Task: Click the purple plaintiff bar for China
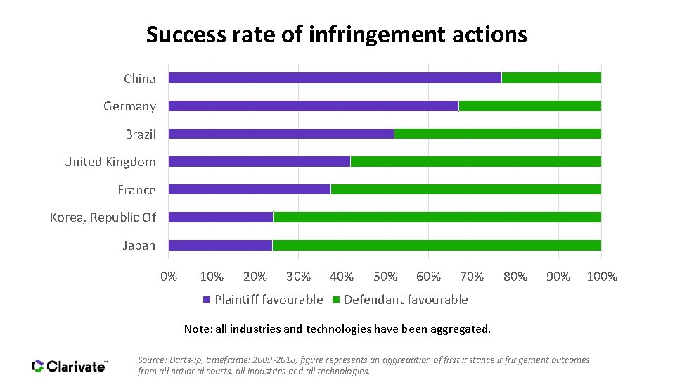[x=335, y=78]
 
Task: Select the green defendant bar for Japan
[x=436, y=245]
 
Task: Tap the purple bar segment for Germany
[x=313, y=106]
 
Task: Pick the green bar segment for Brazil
[x=497, y=134]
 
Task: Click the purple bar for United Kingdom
[x=259, y=162]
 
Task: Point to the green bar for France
[x=465, y=189]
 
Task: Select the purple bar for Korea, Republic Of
[x=220, y=217]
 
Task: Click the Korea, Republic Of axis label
[x=103, y=217]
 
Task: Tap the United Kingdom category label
[x=110, y=162]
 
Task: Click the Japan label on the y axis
[x=139, y=246]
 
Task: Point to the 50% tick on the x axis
[x=385, y=277]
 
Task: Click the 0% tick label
[x=169, y=277]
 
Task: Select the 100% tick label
[x=602, y=277]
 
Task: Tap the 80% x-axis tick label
[x=515, y=277]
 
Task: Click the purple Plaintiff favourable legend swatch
[x=207, y=300]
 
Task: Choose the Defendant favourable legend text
[x=406, y=300]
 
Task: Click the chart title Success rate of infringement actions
[x=336, y=34]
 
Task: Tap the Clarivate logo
[x=70, y=366]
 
